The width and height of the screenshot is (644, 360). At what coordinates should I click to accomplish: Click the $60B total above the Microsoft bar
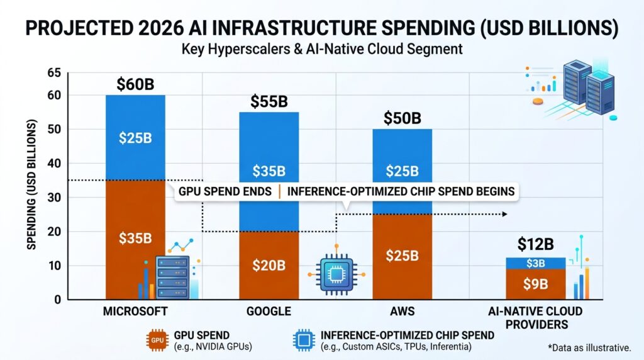(135, 84)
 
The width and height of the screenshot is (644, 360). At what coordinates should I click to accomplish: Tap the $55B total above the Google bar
(269, 101)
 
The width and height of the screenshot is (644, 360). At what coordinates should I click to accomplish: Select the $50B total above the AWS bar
(402, 118)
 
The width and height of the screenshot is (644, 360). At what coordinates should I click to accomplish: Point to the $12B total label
(536, 244)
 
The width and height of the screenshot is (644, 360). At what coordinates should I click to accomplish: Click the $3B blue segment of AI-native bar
(536, 264)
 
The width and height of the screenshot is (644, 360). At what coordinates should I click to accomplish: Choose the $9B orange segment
(536, 284)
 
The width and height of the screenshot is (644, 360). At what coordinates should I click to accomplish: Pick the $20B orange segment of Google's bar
(269, 266)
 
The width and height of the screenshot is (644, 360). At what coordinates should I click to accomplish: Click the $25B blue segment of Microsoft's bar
(136, 138)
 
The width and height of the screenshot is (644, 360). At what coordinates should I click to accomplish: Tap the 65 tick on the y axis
(54, 73)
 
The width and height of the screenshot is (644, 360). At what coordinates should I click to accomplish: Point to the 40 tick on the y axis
(54, 164)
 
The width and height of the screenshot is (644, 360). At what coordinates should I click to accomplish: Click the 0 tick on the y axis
(58, 300)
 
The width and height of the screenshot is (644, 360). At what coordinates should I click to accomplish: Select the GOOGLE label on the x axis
(269, 312)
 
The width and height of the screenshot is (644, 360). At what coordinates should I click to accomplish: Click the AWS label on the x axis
(402, 312)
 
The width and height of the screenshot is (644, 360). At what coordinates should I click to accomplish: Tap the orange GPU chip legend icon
(157, 340)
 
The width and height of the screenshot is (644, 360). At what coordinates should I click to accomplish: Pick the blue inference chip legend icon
(304, 340)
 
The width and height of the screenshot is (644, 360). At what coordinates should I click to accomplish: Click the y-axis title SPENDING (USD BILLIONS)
(31, 184)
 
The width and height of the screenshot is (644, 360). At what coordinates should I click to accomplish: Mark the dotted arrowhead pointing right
(505, 214)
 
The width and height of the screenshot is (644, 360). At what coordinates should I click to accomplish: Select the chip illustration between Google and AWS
(336, 273)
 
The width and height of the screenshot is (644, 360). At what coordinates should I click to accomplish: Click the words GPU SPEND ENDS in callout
(225, 191)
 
